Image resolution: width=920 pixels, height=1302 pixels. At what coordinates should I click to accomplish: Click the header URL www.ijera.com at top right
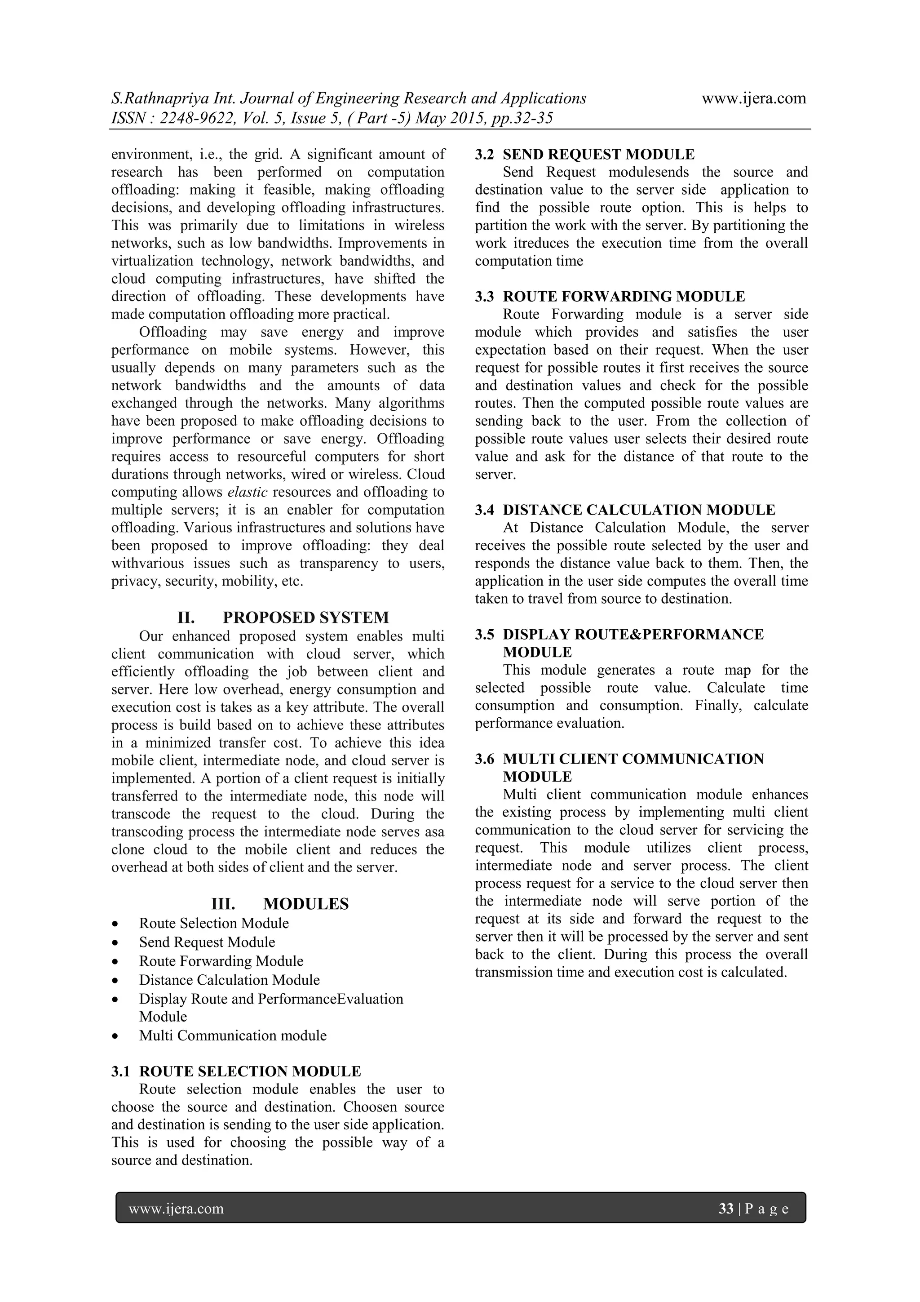point(753,99)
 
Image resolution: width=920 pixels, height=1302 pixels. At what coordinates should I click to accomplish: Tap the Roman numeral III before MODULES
point(223,904)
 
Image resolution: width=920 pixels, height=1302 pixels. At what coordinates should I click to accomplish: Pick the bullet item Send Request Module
point(207,942)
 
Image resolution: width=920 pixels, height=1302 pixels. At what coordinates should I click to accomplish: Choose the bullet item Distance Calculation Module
point(229,980)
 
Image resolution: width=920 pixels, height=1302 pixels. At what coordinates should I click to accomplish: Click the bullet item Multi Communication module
point(232,1035)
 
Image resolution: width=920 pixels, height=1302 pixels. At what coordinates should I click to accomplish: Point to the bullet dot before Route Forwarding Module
point(115,962)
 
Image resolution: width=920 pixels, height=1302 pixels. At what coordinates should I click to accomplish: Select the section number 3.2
point(484,154)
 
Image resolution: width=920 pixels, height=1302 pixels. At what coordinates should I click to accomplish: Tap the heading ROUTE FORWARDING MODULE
point(624,297)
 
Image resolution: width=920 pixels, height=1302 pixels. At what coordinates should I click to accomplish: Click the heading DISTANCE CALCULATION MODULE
point(638,510)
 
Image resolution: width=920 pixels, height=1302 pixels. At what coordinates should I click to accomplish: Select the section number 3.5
point(484,634)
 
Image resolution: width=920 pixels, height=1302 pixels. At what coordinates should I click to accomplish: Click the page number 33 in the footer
point(725,1209)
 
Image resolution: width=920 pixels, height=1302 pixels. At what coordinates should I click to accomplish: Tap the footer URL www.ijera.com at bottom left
point(176,1209)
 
